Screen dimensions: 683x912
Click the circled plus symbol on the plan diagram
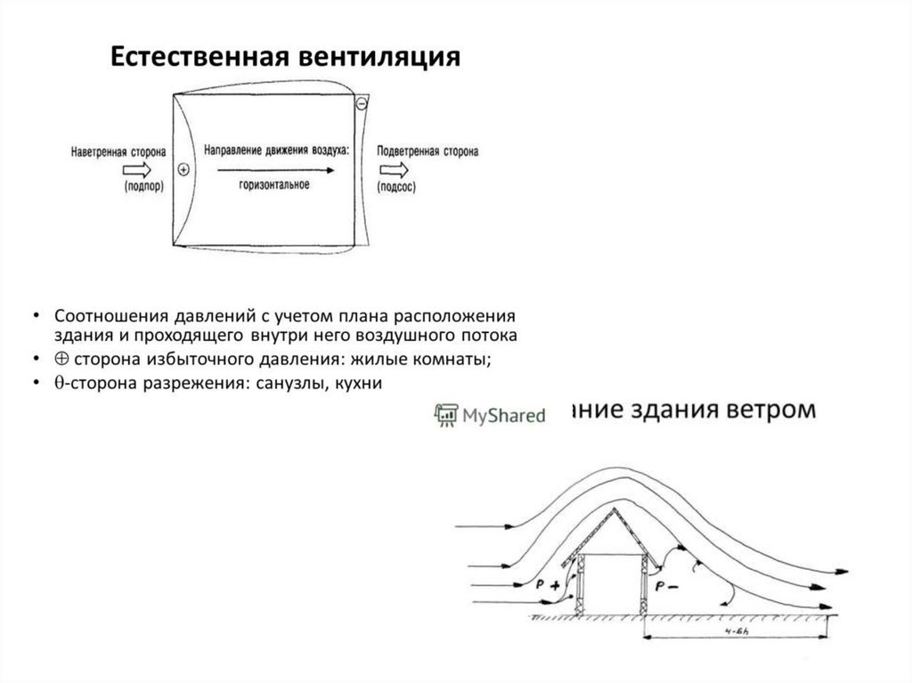coord(184,169)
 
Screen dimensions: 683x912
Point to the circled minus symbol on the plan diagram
coord(362,104)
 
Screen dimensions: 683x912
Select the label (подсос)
coord(397,188)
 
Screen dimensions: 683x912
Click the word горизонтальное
coord(274,185)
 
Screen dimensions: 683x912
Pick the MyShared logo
coord(489,414)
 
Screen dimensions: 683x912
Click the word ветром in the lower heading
coord(767,411)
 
